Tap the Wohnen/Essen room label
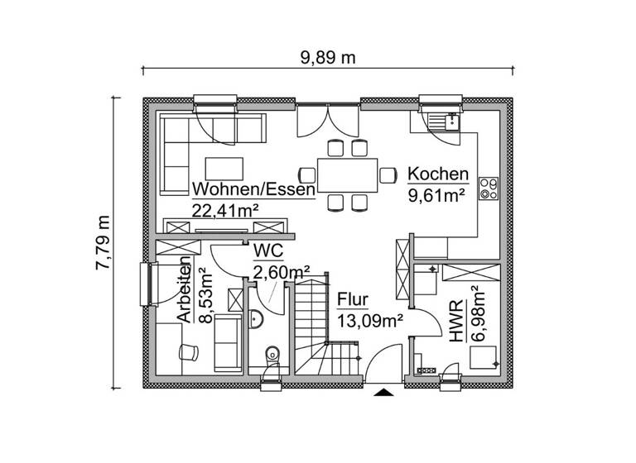point(253,190)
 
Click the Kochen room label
point(438,175)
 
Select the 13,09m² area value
point(369,321)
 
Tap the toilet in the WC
point(272,358)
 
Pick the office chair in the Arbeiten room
point(189,350)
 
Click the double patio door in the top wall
point(330,120)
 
